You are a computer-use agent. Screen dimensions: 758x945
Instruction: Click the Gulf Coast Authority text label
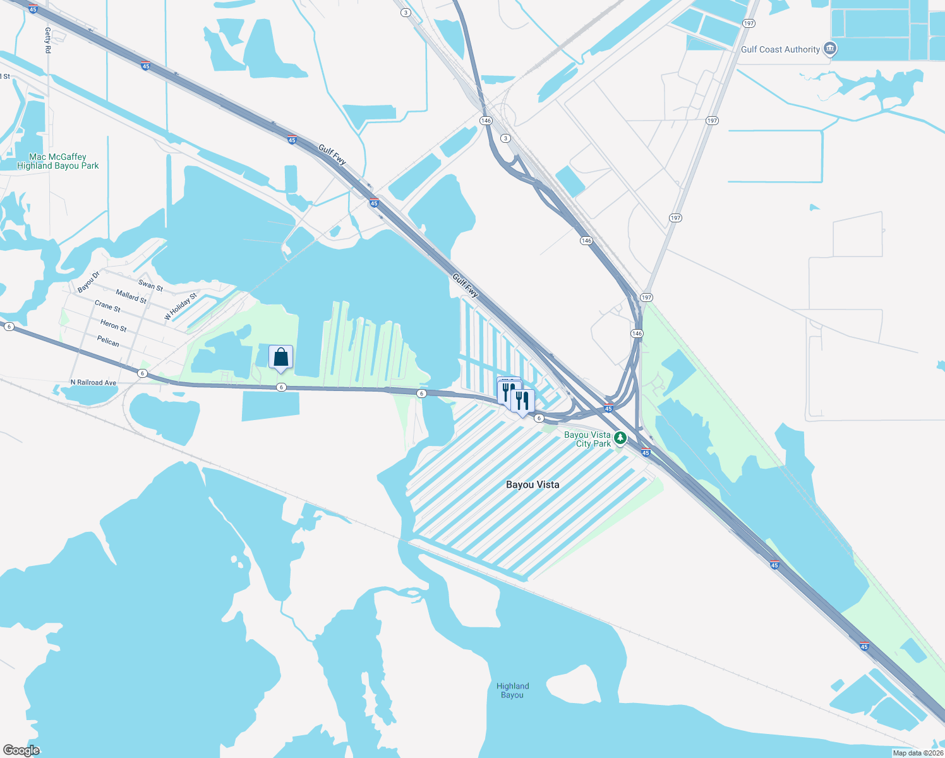tap(780, 49)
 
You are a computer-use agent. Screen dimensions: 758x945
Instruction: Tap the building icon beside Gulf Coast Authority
tap(831, 49)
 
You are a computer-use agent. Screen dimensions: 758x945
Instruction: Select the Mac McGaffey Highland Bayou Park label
tap(57, 161)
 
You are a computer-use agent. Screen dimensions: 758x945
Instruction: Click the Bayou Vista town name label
tap(533, 484)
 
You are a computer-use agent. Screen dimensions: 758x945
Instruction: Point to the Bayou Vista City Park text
tap(587, 439)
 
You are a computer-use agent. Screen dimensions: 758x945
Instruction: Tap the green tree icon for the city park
tap(620, 437)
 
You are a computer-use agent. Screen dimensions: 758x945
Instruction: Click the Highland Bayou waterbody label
tap(512, 690)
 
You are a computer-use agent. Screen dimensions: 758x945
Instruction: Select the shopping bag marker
tap(280, 358)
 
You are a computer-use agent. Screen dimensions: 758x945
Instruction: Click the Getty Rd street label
tap(48, 40)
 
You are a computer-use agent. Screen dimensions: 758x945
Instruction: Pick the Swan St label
tap(150, 286)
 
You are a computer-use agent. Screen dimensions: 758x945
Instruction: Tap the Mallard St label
tap(131, 296)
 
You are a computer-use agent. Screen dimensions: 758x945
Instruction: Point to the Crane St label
tap(107, 306)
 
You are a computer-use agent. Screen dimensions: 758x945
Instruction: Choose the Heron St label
tap(114, 325)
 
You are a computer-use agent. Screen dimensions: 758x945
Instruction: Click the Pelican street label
tap(108, 341)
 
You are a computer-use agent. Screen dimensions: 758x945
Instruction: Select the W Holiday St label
tap(181, 306)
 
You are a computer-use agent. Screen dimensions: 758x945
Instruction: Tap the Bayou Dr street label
tap(89, 282)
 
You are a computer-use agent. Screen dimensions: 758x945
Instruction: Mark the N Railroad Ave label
tap(93, 383)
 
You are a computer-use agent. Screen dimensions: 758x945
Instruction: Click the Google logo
tap(21, 750)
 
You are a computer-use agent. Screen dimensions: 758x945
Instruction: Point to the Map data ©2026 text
tap(918, 753)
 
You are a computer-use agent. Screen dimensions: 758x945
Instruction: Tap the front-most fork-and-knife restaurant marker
tap(522, 401)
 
